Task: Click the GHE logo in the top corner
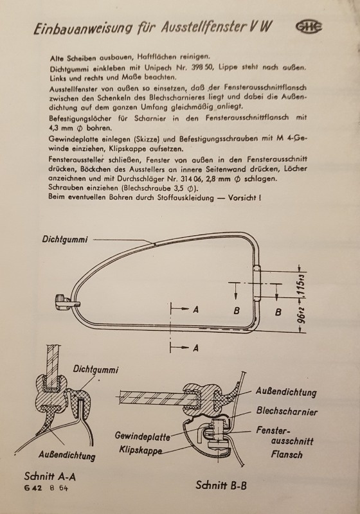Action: point(309,27)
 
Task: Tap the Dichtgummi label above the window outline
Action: point(65,239)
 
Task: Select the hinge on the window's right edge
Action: point(256,283)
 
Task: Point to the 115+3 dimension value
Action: point(302,286)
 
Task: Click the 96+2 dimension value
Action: point(302,316)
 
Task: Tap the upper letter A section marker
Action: point(195,309)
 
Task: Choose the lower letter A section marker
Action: point(195,348)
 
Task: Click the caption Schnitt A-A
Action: point(50,476)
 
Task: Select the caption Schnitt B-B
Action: point(221,485)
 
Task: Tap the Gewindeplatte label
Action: point(142,436)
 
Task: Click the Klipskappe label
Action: point(140,449)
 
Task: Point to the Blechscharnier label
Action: point(287,411)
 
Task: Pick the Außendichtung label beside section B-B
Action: point(286,391)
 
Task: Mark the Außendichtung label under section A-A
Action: point(67,455)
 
